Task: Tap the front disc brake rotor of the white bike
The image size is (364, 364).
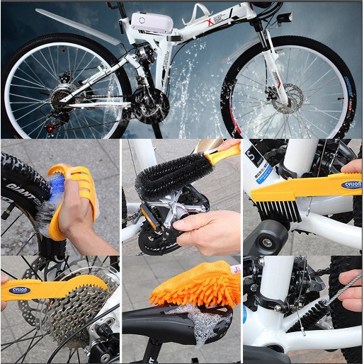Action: pos(288,98)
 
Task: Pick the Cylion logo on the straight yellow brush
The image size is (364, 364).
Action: pos(352,185)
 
